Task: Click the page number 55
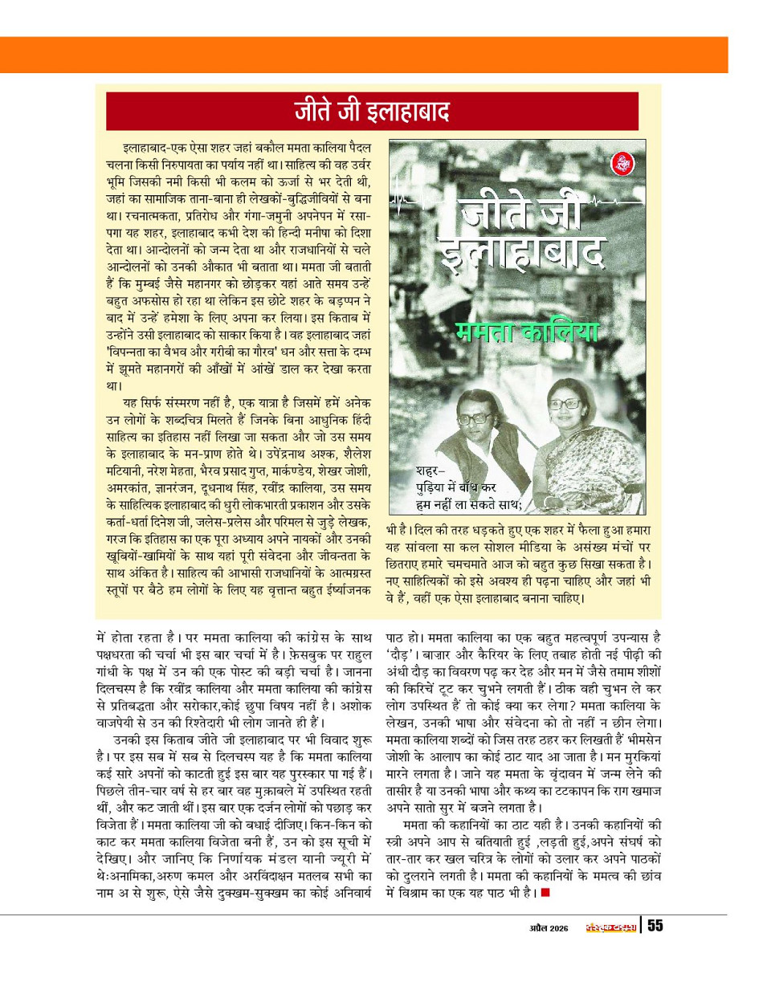655,926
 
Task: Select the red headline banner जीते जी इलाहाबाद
372,111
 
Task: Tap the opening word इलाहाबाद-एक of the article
157,149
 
